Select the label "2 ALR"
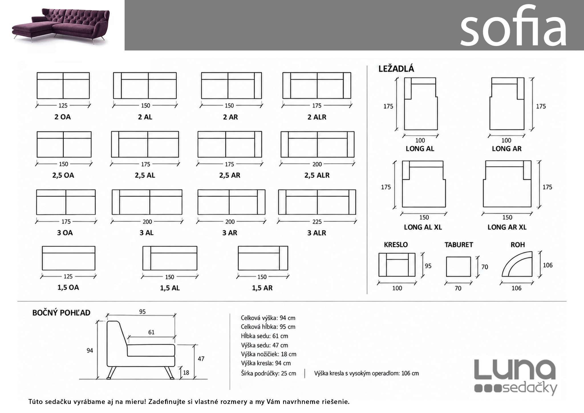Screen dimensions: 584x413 pyautogui.click(x=317, y=117)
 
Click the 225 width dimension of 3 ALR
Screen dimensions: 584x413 pyautogui.click(x=317, y=222)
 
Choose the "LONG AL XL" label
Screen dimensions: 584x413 pyautogui.click(x=423, y=227)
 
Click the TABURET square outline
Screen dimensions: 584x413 pyautogui.click(x=458, y=266)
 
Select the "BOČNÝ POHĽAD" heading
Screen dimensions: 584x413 pyautogui.click(x=61, y=313)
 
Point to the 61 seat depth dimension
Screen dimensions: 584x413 pyautogui.click(x=151, y=332)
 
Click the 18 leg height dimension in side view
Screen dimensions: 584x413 pyautogui.click(x=186, y=372)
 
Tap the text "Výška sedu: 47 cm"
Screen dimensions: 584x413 pyautogui.click(x=264, y=345)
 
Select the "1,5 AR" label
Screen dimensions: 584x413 pyautogui.click(x=262, y=288)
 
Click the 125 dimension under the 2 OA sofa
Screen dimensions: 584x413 pyautogui.click(x=63, y=106)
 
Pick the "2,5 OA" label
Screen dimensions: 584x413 pyautogui.click(x=63, y=175)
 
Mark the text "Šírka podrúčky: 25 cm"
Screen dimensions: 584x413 pyautogui.click(x=268, y=373)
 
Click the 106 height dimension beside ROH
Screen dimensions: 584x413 pyautogui.click(x=547, y=265)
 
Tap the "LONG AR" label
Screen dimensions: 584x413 pyautogui.click(x=507, y=149)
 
